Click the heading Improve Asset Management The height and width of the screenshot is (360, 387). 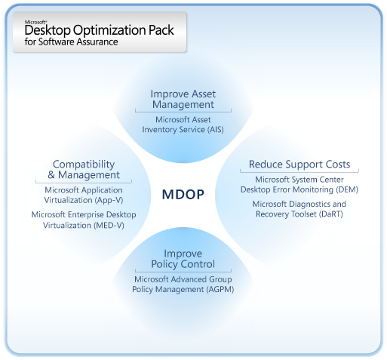[183, 99]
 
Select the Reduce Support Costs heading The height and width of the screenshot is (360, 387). [299, 165]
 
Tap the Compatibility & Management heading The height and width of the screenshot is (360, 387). [83, 170]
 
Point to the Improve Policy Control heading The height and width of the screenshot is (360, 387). [183, 258]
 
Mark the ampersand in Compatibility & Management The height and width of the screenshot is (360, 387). [41, 175]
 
